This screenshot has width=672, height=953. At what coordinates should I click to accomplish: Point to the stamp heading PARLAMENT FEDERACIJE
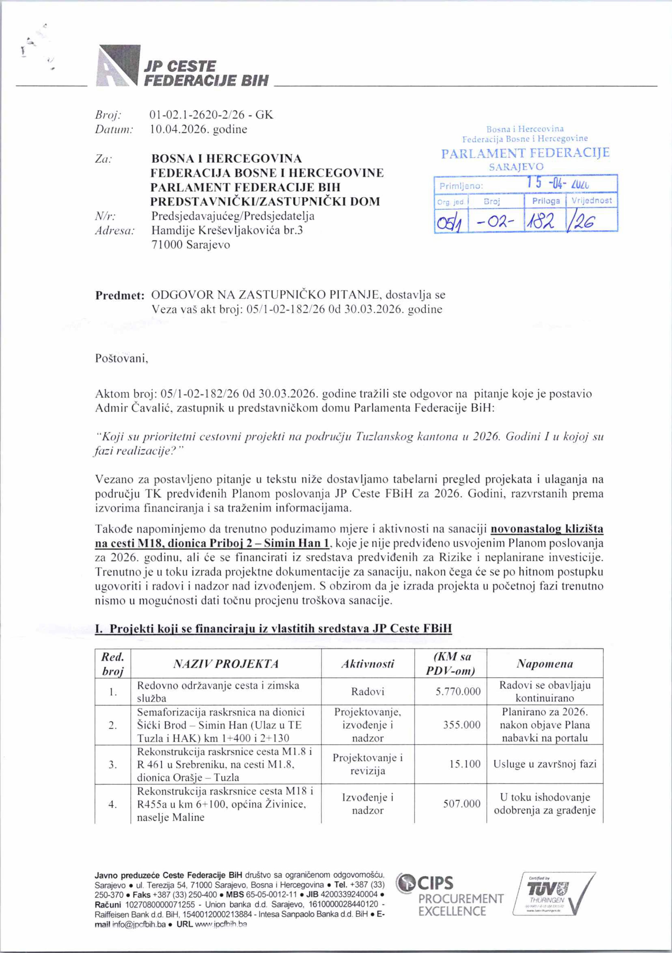(x=525, y=153)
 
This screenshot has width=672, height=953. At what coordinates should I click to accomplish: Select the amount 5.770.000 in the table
(x=458, y=692)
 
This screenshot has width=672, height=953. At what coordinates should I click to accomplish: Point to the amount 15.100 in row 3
(x=465, y=764)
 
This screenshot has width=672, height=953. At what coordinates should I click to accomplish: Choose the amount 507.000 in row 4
(x=462, y=804)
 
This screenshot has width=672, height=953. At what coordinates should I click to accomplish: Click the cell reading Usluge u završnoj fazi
(x=544, y=764)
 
